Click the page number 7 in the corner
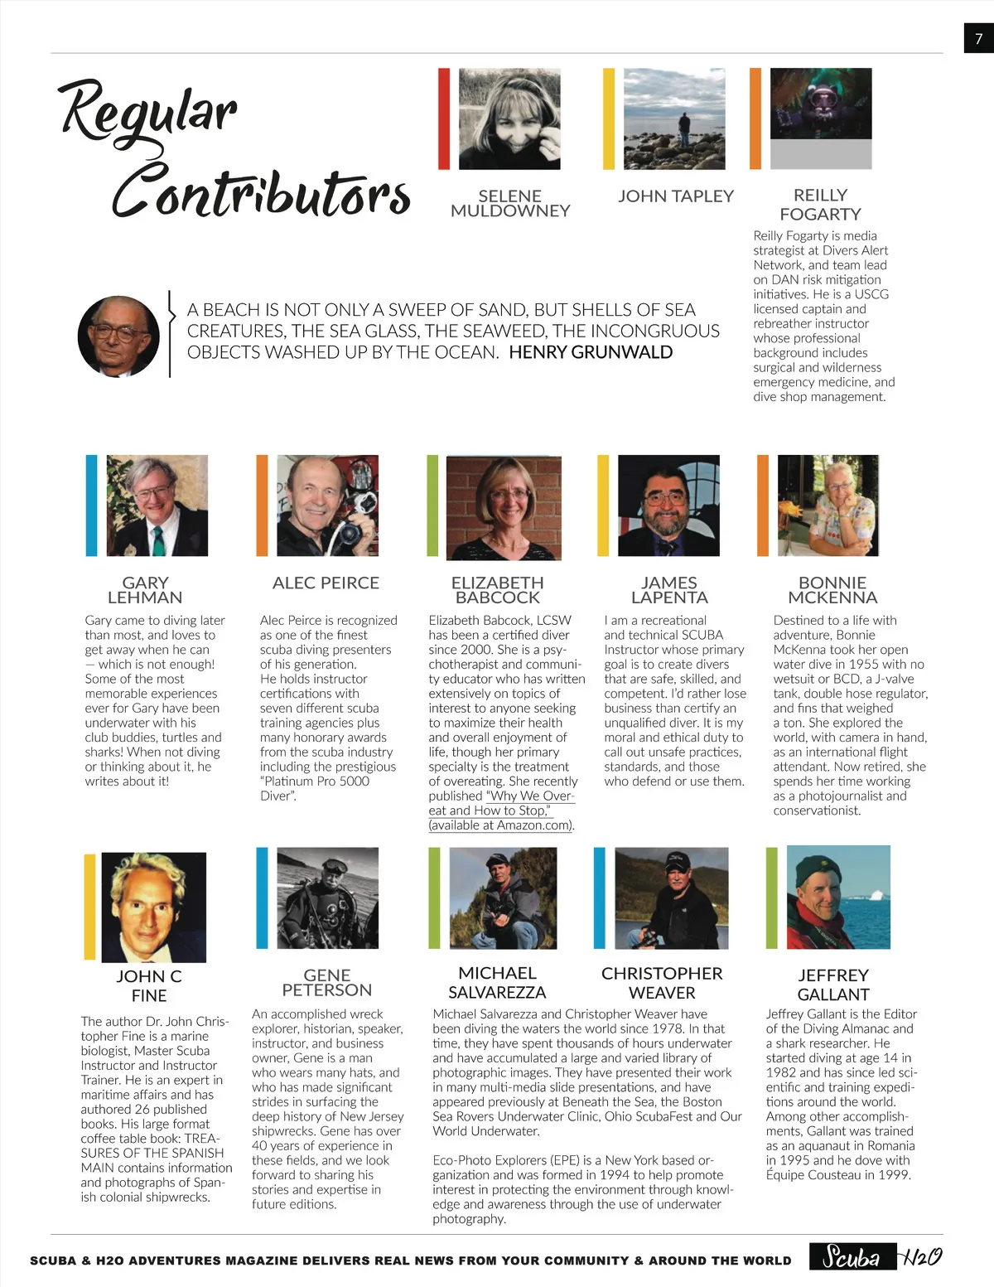coord(978,38)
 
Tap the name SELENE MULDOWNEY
coord(510,203)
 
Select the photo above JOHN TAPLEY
coord(673,119)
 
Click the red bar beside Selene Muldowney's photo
coord(444,119)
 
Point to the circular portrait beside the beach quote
coord(118,336)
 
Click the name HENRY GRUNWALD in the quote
coord(591,352)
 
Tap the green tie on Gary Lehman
coord(158,539)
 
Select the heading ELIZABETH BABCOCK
coord(497,590)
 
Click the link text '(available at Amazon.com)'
coord(501,825)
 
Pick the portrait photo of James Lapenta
coord(668,506)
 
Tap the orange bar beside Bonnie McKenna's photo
coord(762,506)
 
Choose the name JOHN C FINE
coord(149,986)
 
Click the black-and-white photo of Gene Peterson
coord(327,898)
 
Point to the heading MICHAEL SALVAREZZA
coord(497,983)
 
